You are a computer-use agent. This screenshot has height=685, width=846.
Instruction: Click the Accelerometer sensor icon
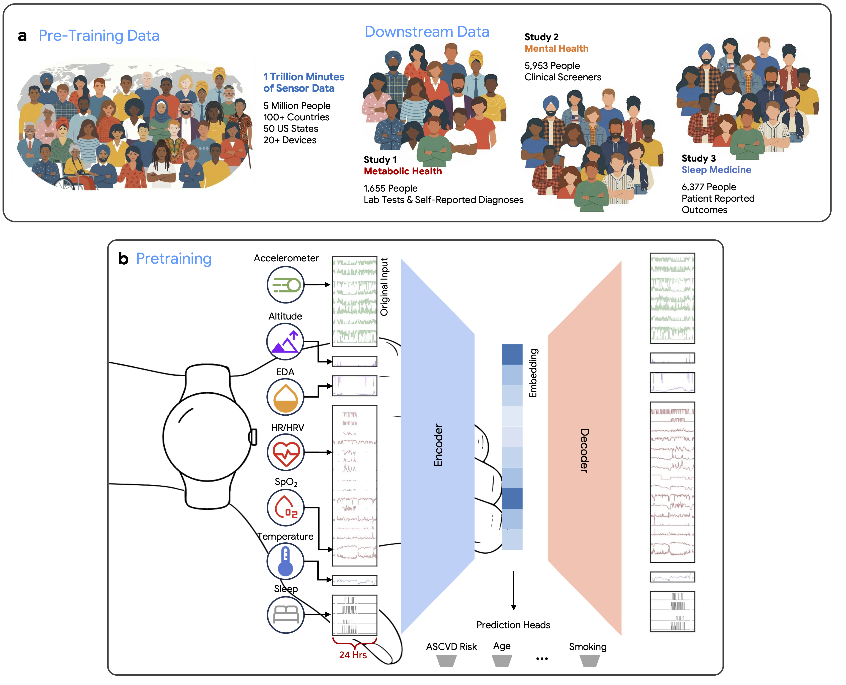pos(286,284)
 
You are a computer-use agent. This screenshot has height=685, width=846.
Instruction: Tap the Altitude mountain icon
pos(285,341)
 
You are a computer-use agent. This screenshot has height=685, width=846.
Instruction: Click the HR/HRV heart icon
pos(286,452)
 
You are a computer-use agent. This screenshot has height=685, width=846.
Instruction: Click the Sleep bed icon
pos(286,614)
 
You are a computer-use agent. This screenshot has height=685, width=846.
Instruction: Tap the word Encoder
pos(438,445)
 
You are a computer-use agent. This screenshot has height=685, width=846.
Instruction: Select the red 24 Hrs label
pos(353,655)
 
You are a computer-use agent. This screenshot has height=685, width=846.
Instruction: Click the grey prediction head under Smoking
pos(589,661)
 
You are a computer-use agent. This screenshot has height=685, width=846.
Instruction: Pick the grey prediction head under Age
pos(502,661)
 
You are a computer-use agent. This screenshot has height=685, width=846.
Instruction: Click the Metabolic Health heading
pos(402,171)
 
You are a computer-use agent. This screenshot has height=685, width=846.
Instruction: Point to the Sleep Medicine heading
pos(716,170)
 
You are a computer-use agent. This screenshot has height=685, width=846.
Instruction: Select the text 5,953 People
pos(552,65)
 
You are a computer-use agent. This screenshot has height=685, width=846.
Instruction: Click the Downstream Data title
pos(427,32)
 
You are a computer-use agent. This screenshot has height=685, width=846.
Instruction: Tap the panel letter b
pos(123,258)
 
